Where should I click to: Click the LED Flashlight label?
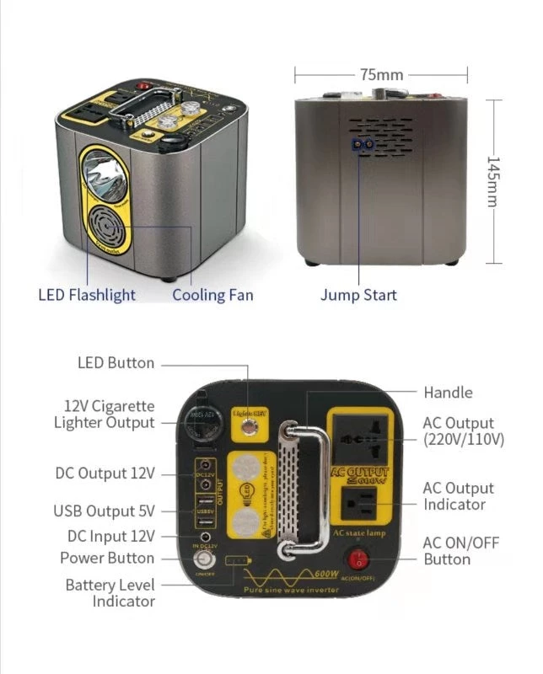[87, 295]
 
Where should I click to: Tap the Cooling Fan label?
[212, 295]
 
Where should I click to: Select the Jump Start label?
[358, 295]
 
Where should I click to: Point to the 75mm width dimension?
[381, 74]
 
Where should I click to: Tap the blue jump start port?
[364, 144]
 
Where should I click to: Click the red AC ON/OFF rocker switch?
[361, 558]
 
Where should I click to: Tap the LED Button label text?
[116, 363]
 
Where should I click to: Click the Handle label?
[448, 393]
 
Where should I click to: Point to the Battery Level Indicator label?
[110, 593]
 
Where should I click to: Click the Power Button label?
[107, 558]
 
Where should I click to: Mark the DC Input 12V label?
[110, 536]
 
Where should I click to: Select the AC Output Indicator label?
[459, 496]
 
